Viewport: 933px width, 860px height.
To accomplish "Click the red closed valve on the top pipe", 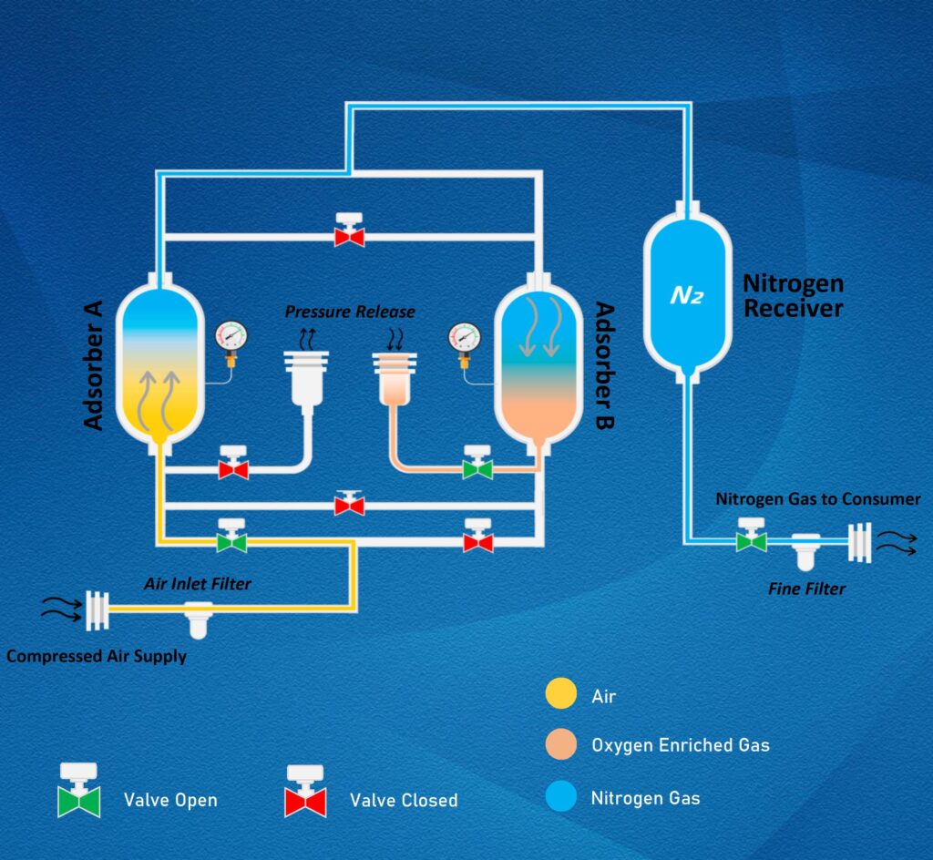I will (x=349, y=231).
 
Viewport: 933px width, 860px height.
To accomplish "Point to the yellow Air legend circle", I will (x=561, y=696).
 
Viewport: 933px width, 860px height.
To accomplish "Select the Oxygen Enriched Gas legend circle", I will (x=561, y=745).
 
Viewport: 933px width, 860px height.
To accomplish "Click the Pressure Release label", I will (x=350, y=312).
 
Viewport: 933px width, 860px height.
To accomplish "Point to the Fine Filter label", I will (x=806, y=589).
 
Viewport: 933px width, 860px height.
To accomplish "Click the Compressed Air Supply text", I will (x=97, y=655).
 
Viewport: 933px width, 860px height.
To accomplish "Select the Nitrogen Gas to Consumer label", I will (x=817, y=498).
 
